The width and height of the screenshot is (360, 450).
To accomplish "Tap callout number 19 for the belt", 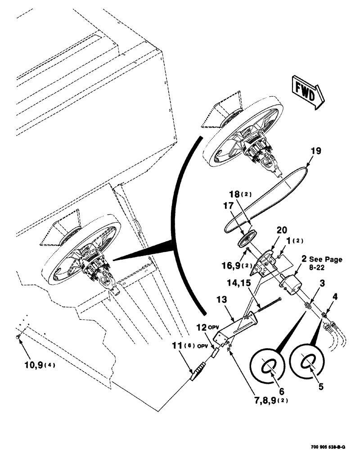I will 315,151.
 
